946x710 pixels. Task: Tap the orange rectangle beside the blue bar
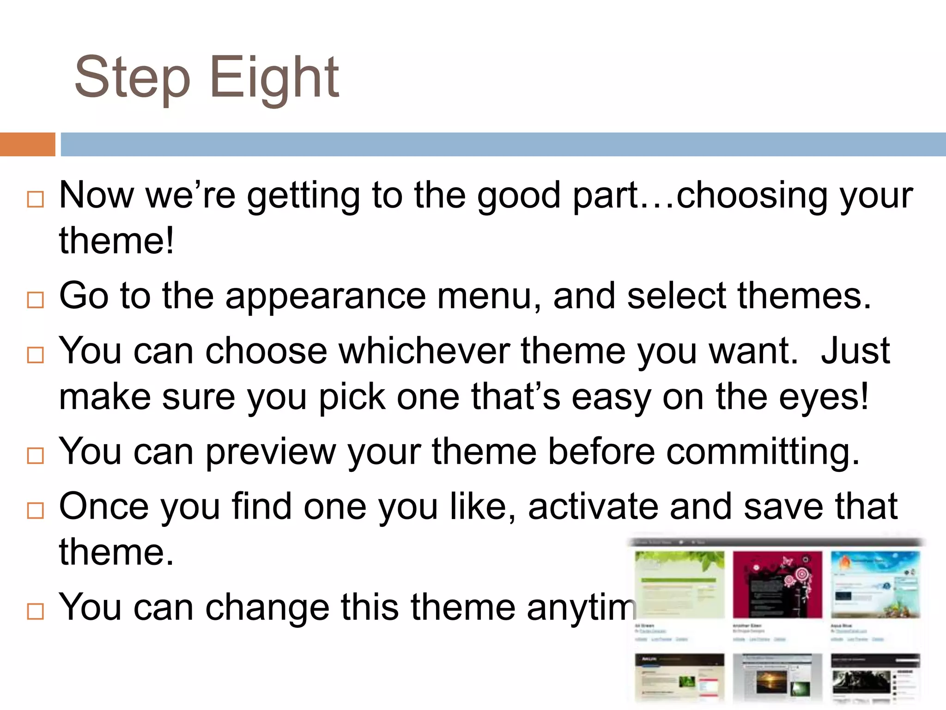(x=27, y=144)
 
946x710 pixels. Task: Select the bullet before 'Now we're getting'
(x=36, y=199)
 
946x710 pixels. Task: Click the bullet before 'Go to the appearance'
(x=36, y=300)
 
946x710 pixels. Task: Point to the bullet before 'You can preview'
(x=36, y=456)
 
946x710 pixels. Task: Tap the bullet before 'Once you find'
(x=36, y=511)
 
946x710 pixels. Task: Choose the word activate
(x=593, y=507)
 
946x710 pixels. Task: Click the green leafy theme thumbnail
(x=679, y=584)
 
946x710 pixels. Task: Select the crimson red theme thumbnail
(x=777, y=584)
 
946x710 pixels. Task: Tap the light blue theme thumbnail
(x=875, y=584)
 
